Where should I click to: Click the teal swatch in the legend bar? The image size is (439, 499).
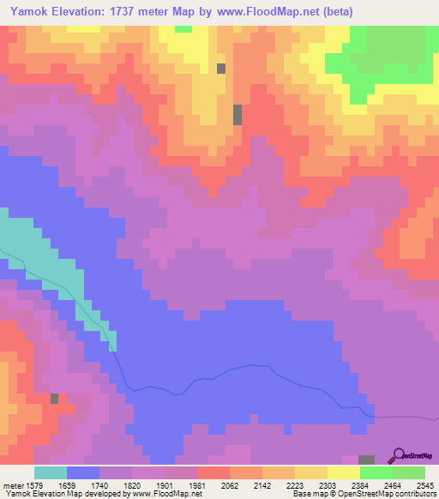click(51, 472)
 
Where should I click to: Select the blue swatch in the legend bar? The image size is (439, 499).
click(83, 472)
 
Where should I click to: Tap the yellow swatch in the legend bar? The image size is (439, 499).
click(344, 472)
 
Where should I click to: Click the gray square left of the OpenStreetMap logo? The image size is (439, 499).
click(367, 460)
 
